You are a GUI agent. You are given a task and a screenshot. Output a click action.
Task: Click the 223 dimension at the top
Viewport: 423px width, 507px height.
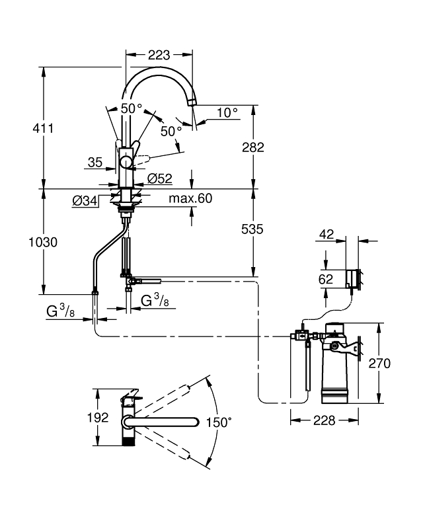(x=159, y=55)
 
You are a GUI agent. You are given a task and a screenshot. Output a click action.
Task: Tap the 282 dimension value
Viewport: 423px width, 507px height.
(x=252, y=147)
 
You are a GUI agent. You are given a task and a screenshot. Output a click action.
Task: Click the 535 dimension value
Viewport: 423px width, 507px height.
(x=252, y=229)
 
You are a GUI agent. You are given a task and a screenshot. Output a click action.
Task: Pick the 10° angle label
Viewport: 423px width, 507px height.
(x=227, y=113)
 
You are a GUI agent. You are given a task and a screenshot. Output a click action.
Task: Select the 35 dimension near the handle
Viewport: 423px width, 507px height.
(x=95, y=161)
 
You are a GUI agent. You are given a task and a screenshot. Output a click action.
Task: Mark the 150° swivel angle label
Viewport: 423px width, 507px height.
(x=219, y=422)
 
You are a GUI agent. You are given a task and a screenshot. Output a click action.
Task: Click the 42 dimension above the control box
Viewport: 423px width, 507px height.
(x=327, y=233)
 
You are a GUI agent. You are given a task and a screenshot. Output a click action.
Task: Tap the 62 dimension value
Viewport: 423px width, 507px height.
(x=327, y=279)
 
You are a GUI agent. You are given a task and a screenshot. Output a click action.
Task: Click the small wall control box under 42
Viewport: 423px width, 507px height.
(x=354, y=278)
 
